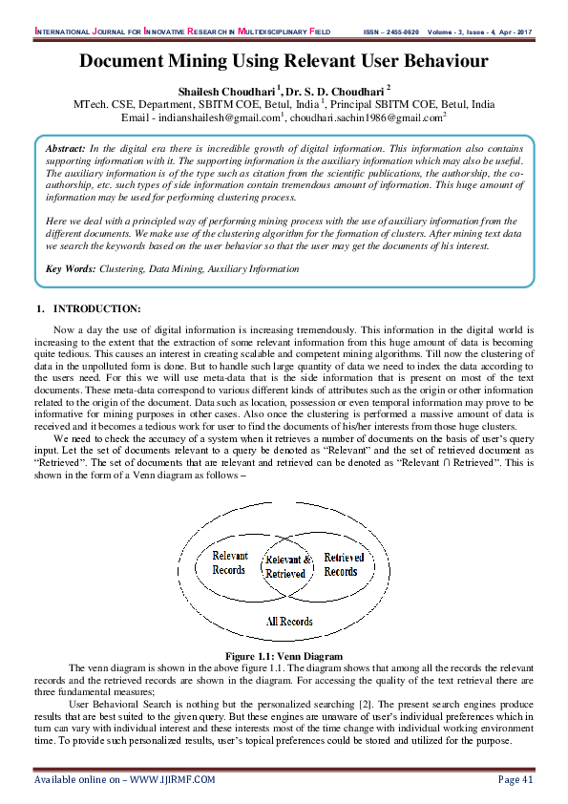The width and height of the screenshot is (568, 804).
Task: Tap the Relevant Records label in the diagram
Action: coord(229,563)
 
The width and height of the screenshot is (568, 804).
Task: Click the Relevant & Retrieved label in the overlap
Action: coord(286,567)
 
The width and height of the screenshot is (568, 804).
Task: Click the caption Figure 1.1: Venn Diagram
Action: coord(284,656)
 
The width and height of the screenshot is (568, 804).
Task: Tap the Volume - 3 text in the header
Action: coord(452,32)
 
